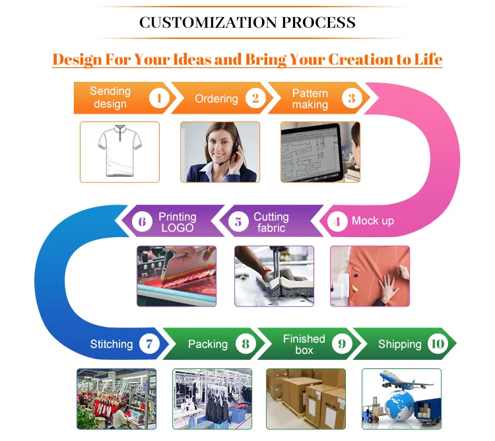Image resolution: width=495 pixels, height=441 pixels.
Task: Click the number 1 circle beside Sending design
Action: pyautogui.click(x=159, y=98)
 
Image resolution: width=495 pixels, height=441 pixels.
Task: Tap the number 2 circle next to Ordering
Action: pyautogui.click(x=255, y=98)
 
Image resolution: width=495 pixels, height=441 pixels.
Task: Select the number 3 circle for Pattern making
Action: pyautogui.click(x=352, y=98)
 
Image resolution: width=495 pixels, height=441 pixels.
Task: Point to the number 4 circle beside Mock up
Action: pyautogui.click(x=337, y=221)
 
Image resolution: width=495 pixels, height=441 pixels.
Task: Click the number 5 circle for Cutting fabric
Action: pyautogui.click(x=238, y=221)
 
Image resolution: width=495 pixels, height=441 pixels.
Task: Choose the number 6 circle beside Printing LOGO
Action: pyautogui.click(x=142, y=221)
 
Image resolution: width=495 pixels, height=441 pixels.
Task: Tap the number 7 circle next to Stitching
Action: pyautogui.click(x=149, y=343)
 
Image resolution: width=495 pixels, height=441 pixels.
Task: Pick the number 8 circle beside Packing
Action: pyautogui.click(x=246, y=343)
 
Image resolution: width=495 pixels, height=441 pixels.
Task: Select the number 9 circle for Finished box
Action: pyautogui.click(x=341, y=343)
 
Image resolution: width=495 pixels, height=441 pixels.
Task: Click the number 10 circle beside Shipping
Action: pyautogui.click(x=437, y=343)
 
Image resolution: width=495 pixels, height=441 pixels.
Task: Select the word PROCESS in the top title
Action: pyautogui.click(x=319, y=22)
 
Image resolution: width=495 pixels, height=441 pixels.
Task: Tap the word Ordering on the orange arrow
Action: pyautogui.click(x=216, y=99)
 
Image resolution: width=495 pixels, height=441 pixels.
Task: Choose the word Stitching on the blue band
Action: pyautogui.click(x=111, y=344)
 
